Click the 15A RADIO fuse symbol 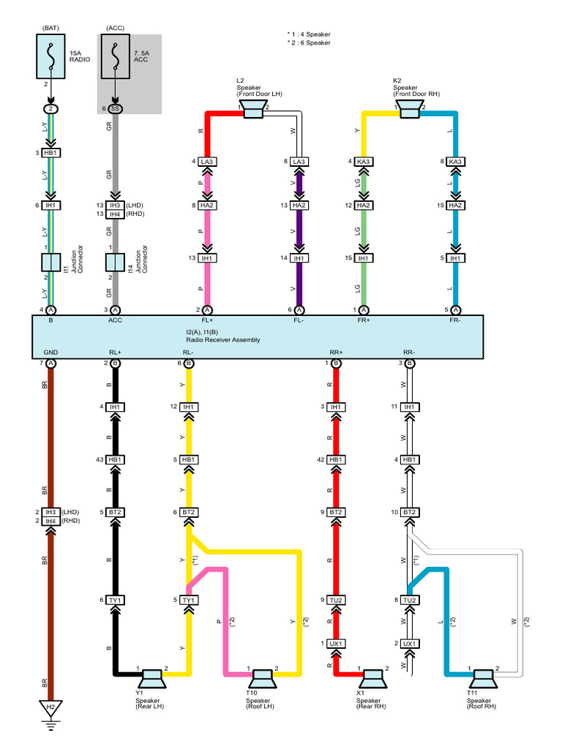click(50, 56)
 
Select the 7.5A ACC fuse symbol click(115, 56)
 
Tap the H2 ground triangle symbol click(50, 708)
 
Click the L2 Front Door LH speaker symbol click(252, 110)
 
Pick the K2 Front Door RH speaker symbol click(410, 110)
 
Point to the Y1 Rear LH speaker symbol click(152, 679)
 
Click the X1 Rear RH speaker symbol click(373, 679)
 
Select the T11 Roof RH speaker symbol click(483, 679)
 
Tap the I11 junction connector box click(50, 263)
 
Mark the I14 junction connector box click(115, 263)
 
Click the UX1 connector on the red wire click(336, 644)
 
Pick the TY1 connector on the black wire click(115, 600)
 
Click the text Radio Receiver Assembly click(223, 339)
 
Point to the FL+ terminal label click(207, 320)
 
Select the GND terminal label click(50, 353)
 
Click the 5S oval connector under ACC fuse click(115, 109)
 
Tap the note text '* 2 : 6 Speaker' click(309, 42)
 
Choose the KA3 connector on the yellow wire click(363, 162)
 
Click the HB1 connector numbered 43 click(115, 459)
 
